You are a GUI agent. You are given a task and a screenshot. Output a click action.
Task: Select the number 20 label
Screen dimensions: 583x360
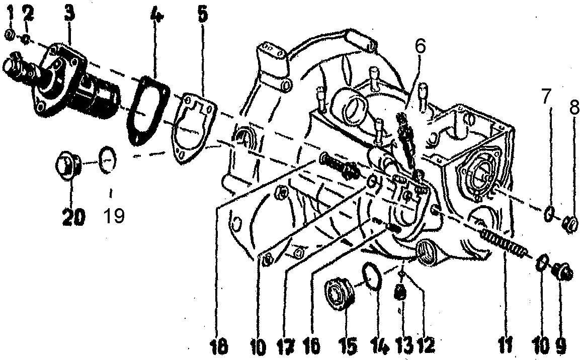(x=73, y=217)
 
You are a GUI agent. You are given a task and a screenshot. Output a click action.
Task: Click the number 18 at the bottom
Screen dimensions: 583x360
(x=220, y=347)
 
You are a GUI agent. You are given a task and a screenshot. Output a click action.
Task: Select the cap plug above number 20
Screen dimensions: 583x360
(x=68, y=165)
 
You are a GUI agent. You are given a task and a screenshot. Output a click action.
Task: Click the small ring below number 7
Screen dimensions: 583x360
(x=549, y=213)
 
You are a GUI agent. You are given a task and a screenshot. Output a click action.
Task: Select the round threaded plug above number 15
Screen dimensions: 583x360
(x=339, y=297)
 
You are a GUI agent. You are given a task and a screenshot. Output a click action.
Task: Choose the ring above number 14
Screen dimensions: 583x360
(x=371, y=276)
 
